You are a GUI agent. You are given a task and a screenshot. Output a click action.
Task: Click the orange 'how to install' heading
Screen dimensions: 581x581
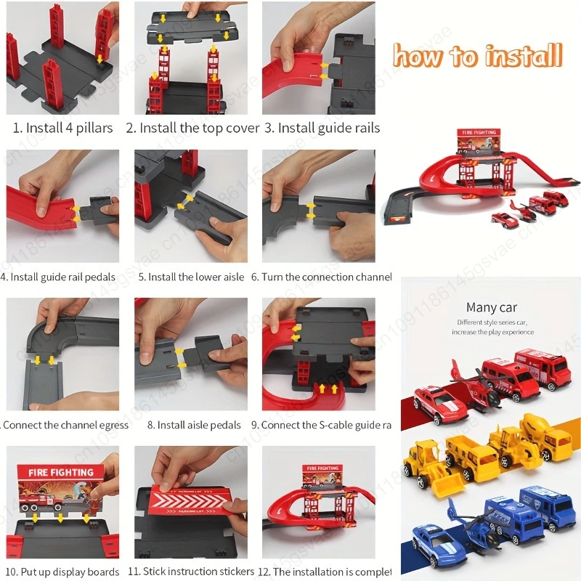(477, 55)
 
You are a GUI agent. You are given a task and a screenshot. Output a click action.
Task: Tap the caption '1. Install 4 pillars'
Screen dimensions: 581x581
(63, 128)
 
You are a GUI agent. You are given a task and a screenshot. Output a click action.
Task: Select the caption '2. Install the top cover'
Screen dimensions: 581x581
(192, 128)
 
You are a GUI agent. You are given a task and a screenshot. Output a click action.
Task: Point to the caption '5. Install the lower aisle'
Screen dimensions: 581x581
(192, 277)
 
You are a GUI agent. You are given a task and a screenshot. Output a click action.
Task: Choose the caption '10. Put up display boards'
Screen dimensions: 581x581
(63, 572)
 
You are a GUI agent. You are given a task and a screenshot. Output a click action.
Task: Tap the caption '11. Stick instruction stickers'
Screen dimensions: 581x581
(192, 572)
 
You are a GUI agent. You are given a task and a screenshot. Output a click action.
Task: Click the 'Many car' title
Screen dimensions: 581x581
(492, 308)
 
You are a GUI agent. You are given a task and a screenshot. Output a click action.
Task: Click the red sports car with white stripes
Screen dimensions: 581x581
(439, 402)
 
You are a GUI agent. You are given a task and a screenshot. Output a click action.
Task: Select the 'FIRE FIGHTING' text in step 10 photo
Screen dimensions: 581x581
(61, 473)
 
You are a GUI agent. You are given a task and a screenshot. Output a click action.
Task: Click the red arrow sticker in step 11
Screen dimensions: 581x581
(190, 506)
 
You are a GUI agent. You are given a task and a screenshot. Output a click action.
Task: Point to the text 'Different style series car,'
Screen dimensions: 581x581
(492, 322)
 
